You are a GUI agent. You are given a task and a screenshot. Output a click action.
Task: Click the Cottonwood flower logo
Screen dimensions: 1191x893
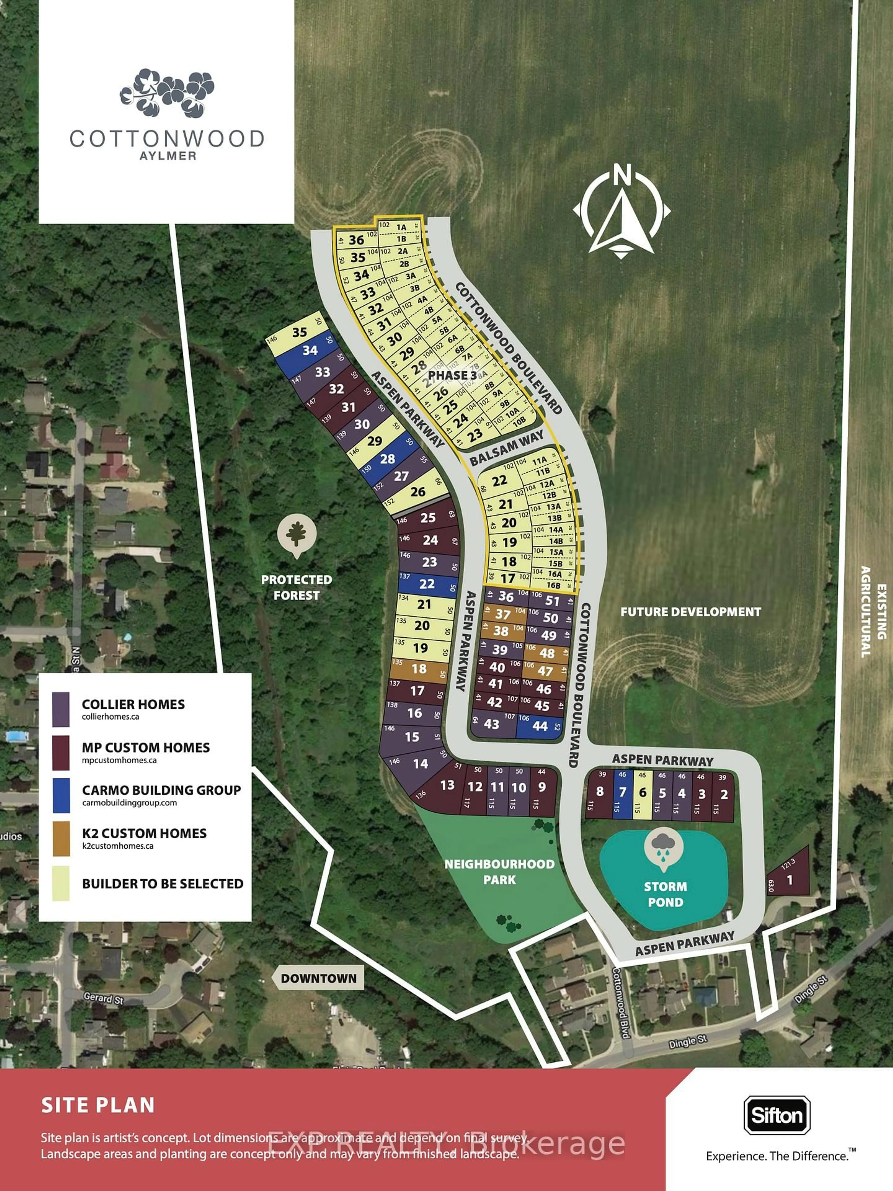167,93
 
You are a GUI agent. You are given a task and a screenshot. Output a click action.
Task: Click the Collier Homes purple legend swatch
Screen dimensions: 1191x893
61,709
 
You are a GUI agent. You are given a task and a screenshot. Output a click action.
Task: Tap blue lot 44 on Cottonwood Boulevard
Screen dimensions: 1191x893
540,726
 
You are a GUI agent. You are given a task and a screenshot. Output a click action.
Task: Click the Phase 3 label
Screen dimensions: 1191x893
452,375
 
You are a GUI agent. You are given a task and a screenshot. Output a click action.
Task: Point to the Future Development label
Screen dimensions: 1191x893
691,612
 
